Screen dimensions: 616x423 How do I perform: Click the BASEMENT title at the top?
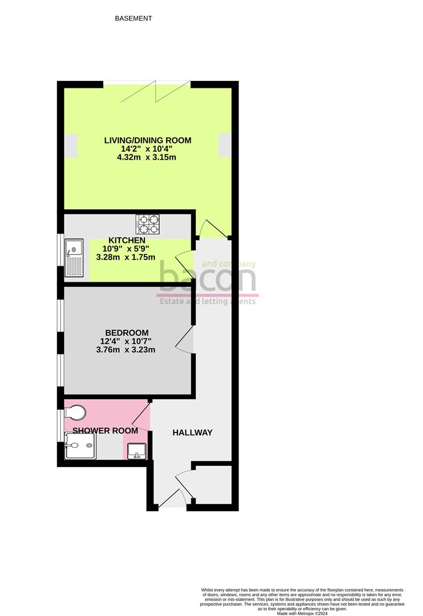point(134,18)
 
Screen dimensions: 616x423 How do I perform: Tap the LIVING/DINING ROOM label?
point(147,140)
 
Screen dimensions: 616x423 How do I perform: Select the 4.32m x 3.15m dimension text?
point(147,157)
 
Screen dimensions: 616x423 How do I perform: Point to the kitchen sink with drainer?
point(74,257)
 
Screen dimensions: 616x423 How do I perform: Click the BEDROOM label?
point(127,333)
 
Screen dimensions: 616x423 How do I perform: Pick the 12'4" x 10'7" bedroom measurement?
point(127,342)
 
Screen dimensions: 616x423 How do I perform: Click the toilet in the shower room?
point(77,411)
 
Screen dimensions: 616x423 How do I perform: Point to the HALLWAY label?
point(192,433)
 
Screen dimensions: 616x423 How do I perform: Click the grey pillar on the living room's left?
point(71,144)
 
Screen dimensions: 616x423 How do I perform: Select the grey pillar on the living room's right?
point(224,144)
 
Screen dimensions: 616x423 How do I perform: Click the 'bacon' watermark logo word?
point(207,278)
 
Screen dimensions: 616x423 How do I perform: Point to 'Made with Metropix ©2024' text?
point(303,613)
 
